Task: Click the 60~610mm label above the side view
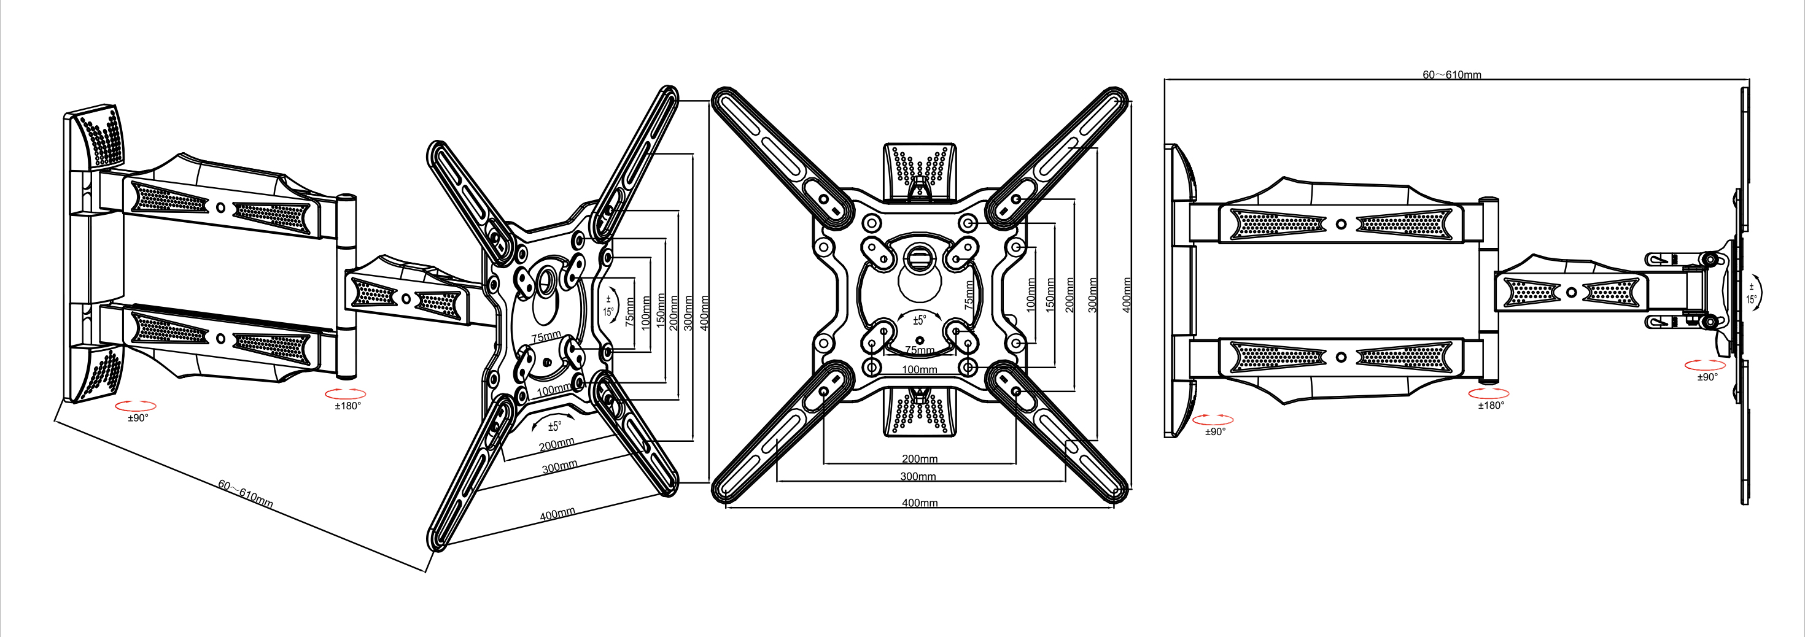(1451, 75)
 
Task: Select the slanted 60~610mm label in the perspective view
(245, 494)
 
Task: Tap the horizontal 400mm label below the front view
(919, 503)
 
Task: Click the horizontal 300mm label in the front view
(918, 477)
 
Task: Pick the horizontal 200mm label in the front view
(919, 459)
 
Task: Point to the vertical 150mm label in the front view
(1050, 295)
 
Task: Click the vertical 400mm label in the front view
(1127, 295)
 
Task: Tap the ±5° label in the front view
(919, 320)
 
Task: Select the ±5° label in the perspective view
(554, 426)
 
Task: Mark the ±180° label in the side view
(1491, 406)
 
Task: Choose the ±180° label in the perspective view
(347, 406)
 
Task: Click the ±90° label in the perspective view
(138, 419)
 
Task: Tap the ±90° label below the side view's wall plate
(1215, 431)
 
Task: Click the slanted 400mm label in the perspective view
(557, 514)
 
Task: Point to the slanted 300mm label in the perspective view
(559, 467)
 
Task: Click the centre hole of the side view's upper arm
(1340, 224)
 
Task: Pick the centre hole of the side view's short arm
(1572, 292)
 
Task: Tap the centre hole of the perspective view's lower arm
(221, 339)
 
